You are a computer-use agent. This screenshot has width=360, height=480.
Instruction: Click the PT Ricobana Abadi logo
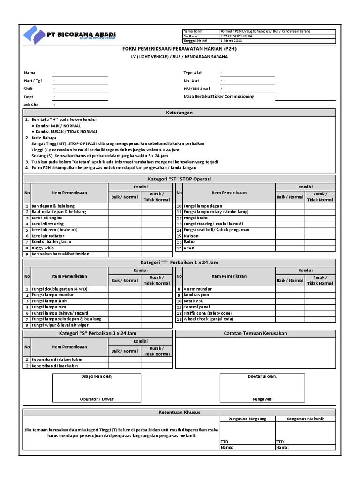(71, 36)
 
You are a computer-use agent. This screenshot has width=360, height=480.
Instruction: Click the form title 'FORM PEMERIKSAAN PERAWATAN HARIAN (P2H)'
(180, 49)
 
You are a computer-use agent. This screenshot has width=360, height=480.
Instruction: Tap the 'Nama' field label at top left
(30, 73)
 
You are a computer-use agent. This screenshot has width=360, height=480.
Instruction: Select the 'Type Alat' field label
(193, 73)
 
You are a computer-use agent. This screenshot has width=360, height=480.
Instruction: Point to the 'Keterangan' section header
(180, 112)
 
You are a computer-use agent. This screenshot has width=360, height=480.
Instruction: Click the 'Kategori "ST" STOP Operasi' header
(180, 179)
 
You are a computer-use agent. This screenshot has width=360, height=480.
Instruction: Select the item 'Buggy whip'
(43, 248)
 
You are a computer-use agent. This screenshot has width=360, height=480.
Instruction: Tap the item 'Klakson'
(191, 236)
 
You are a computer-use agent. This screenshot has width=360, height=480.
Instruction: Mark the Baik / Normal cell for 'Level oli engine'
(125, 218)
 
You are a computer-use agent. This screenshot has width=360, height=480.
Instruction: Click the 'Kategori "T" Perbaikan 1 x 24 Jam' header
(180, 262)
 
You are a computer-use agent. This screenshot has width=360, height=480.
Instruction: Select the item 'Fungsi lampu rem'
(49, 307)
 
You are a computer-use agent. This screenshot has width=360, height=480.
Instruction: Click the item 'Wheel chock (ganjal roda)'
(208, 319)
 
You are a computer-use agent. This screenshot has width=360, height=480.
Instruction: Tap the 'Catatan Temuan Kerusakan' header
(255, 333)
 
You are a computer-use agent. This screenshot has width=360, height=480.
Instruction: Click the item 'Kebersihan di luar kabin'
(55, 366)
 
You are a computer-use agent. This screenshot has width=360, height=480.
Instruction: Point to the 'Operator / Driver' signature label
(97, 399)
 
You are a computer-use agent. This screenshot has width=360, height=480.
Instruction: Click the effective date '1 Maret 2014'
(232, 41)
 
